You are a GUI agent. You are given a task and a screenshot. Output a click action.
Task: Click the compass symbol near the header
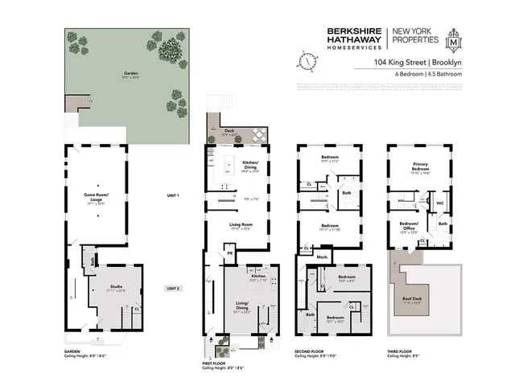(x=305, y=60)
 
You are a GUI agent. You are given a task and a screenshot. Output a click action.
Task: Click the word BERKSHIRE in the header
(x=355, y=32)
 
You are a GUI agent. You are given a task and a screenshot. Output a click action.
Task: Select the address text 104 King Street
(x=399, y=61)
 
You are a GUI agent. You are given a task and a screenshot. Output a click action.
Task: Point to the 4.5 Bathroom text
(x=444, y=74)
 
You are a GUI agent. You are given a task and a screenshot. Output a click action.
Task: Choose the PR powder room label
(x=230, y=253)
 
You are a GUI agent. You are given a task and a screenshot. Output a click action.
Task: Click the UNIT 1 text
(x=172, y=196)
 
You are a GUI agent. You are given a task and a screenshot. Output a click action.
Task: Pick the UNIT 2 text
(x=172, y=287)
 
